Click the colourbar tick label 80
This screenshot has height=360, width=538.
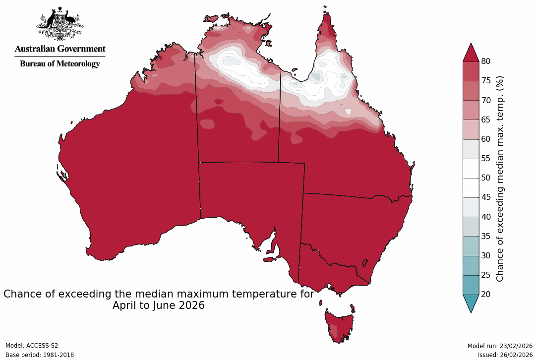click(x=486, y=61)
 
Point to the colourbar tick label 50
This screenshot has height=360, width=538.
click(x=486, y=178)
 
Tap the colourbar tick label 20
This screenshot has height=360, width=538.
click(x=486, y=295)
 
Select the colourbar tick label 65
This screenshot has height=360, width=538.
click(x=486, y=120)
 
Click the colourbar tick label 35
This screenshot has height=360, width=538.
click(x=486, y=237)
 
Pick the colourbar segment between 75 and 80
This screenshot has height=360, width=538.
click(x=471, y=71)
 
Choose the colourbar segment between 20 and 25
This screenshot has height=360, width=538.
click(x=471, y=285)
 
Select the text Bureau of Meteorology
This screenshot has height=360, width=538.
click(x=60, y=64)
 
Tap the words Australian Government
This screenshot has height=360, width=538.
click(x=60, y=49)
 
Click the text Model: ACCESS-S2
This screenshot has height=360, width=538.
click(x=32, y=346)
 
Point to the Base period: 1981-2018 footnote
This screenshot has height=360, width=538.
click(x=39, y=355)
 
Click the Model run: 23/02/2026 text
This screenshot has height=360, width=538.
click(x=500, y=346)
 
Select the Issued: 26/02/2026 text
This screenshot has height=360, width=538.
click(x=505, y=355)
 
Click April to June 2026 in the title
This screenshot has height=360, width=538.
click(x=158, y=305)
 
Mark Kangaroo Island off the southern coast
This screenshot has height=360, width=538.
click(x=269, y=259)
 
